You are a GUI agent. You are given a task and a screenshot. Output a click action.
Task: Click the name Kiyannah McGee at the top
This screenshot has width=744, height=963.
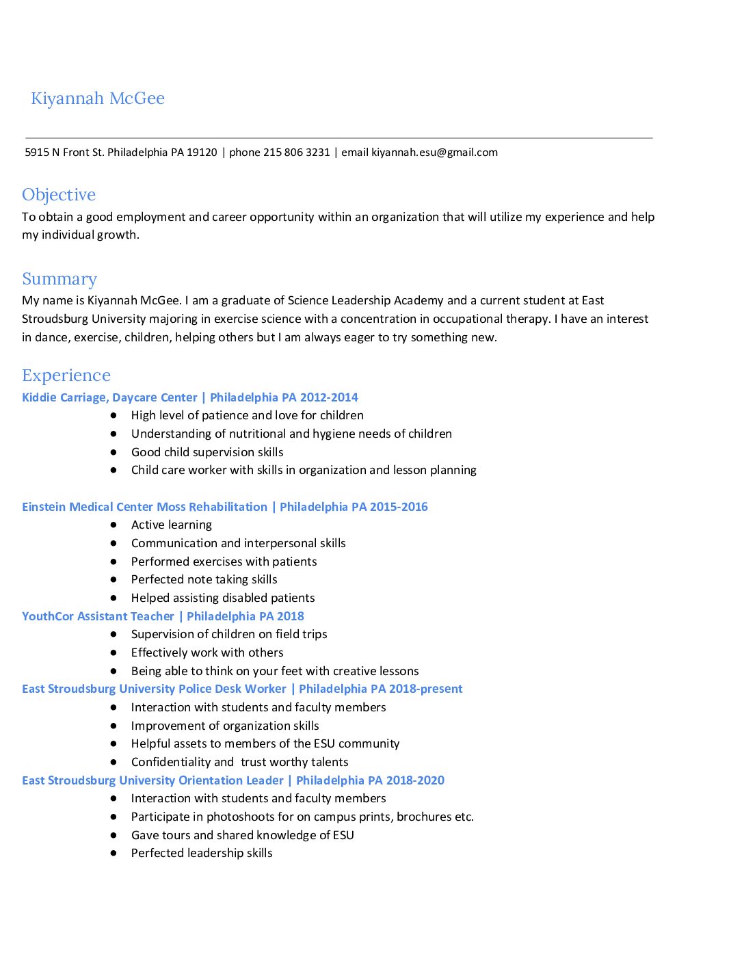[98, 98]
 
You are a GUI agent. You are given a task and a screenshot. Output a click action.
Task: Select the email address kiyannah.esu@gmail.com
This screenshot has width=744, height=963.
[434, 153]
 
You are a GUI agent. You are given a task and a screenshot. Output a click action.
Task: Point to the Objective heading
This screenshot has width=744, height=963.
[59, 195]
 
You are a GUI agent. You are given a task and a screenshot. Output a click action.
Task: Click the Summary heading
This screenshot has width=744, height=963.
[59, 279]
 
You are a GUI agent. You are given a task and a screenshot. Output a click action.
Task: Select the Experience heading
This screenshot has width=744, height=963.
[66, 375]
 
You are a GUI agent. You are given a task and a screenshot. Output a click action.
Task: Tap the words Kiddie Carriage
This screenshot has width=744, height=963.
[64, 397]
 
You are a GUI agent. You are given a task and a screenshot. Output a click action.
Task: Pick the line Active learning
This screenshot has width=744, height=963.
[172, 525]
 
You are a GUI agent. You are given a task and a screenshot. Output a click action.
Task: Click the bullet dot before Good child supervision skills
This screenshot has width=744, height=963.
[114, 452]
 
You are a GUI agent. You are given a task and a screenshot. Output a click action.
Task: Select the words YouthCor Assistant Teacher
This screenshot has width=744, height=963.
[98, 616]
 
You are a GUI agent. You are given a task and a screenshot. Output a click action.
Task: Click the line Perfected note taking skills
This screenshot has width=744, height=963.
[204, 579]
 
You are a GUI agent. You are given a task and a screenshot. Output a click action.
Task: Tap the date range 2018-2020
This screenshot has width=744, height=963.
[415, 780]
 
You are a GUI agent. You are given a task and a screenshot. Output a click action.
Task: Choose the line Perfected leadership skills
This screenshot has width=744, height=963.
[202, 853]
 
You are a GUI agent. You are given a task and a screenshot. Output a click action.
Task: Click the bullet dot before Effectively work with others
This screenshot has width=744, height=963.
[114, 652]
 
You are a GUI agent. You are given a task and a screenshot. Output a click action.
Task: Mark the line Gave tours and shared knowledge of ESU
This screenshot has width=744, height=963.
[243, 835]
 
